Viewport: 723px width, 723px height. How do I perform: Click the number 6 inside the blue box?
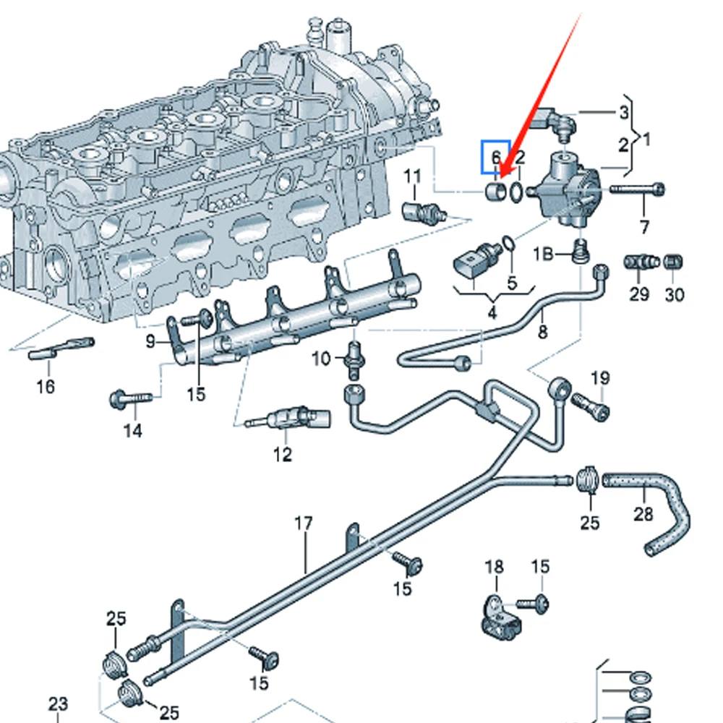tap(496, 157)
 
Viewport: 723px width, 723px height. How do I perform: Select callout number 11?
tap(411, 176)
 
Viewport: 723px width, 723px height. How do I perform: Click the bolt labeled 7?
tap(637, 190)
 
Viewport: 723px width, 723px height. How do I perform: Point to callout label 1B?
tap(544, 254)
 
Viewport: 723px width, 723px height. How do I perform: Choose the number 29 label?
tap(639, 294)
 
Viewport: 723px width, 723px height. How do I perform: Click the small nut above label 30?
tap(673, 261)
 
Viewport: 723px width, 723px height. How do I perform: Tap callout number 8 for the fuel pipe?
tap(542, 332)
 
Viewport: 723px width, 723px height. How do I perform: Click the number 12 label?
tap(282, 455)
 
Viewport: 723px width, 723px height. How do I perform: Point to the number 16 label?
tap(46, 387)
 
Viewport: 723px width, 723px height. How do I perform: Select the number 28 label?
tap(643, 514)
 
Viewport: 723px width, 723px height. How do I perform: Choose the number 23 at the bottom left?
tap(58, 703)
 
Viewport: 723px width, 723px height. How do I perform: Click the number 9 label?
tap(150, 341)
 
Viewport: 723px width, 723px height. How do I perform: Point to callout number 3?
tap(623, 112)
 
